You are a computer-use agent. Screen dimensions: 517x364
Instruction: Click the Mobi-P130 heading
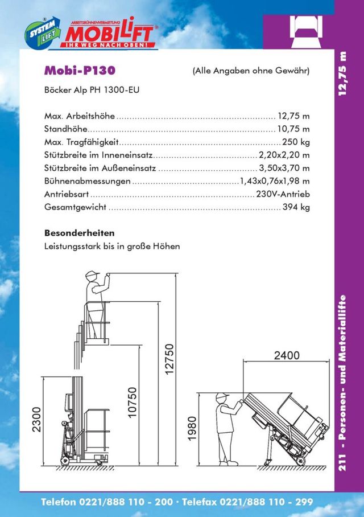pos(80,71)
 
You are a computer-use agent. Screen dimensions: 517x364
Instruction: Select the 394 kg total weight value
pos(296,207)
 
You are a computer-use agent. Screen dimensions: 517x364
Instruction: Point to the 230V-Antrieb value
pos(283,194)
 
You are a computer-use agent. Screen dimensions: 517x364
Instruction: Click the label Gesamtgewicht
pos(75,207)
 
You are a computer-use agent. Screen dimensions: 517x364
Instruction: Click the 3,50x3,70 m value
pos(284,168)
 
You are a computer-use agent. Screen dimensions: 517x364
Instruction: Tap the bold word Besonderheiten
pos(79,233)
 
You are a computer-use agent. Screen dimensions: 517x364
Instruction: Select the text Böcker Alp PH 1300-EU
pos(92,90)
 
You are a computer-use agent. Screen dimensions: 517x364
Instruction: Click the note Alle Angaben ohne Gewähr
pos(251,71)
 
